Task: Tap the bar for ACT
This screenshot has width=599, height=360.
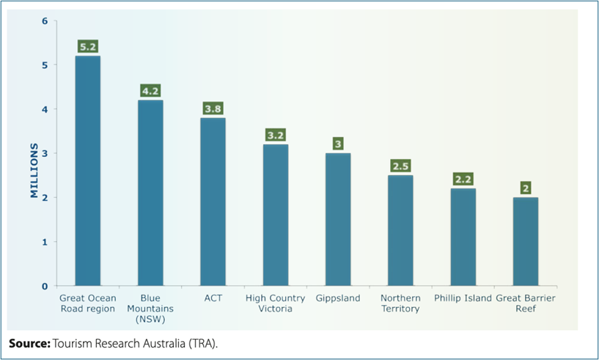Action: (213, 202)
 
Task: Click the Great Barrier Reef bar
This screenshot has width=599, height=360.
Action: (526, 241)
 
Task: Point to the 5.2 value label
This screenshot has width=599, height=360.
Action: (88, 47)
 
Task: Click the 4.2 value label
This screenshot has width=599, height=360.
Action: (150, 91)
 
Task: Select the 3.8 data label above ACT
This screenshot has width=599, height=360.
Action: (213, 109)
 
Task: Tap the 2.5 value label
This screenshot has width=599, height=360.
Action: (400, 166)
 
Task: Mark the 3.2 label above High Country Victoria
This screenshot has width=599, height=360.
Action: (276, 135)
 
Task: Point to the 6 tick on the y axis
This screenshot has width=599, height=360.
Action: (44, 21)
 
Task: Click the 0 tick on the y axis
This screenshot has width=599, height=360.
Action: (44, 286)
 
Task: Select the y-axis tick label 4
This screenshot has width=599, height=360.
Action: (44, 109)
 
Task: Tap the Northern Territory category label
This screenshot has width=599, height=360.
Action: (400, 304)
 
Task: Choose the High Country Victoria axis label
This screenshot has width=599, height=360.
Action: (276, 304)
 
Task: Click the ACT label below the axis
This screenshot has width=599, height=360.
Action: (213, 298)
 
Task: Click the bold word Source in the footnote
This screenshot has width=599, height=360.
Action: (29, 343)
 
